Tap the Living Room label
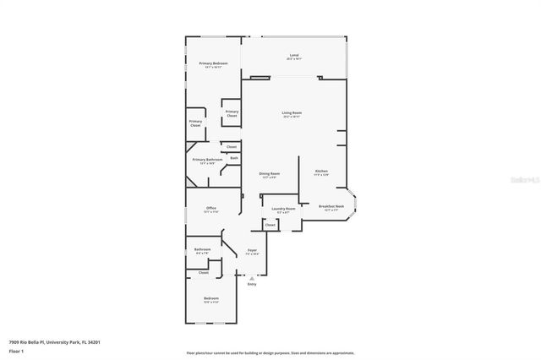[x=292, y=113]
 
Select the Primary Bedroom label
[x=213, y=64]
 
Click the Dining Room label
[x=270, y=174]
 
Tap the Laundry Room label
[x=283, y=209]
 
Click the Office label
[x=212, y=209]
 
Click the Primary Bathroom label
[x=207, y=160]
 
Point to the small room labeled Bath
[x=234, y=157]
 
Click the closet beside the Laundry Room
[x=270, y=226]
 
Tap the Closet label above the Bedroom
[x=204, y=273]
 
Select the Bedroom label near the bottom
[x=211, y=299]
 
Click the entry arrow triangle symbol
[x=252, y=277]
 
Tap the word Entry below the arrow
[x=252, y=284]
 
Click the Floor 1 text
[x=16, y=349]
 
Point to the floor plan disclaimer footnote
[x=270, y=352]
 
